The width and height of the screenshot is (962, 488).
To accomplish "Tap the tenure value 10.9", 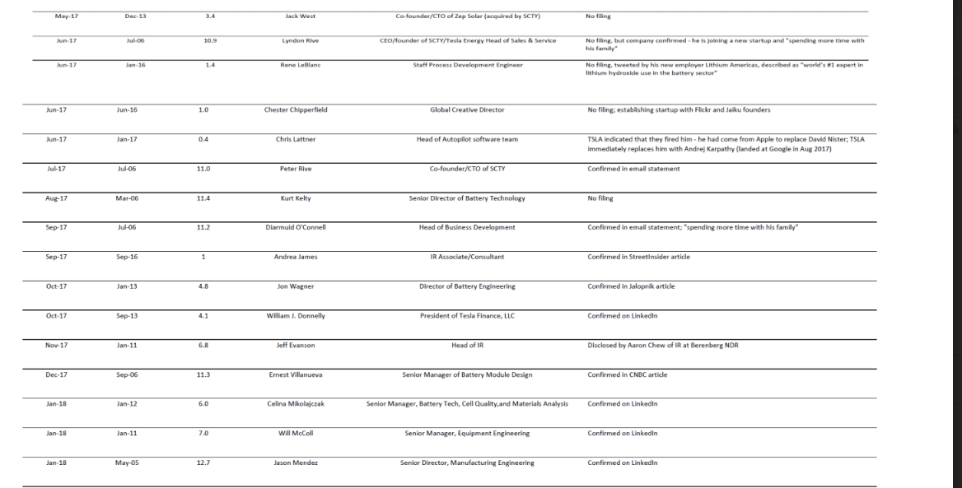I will [x=210, y=40].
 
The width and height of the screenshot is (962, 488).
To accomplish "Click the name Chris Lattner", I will [x=296, y=139].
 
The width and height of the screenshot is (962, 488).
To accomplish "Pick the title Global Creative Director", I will [x=467, y=109].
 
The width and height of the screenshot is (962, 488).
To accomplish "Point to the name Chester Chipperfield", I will [x=296, y=109].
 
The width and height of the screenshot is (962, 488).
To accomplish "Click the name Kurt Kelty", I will [x=296, y=198].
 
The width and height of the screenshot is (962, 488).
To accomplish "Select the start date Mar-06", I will [x=126, y=198].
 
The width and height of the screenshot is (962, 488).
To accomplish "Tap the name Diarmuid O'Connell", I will [x=296, y=227].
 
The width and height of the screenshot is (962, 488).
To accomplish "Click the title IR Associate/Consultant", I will [x=467, y=257].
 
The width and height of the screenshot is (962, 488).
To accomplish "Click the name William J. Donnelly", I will [x=296, y=316].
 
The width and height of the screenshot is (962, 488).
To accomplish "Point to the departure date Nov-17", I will [x=56, y=346].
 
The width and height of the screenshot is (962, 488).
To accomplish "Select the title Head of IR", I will [x=467, y=346].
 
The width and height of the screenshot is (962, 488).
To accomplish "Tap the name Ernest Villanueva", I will [x=296, y=375].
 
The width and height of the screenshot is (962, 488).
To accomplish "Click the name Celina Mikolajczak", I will [x=296, y=404].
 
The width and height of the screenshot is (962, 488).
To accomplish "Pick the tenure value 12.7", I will [x=203, y=463].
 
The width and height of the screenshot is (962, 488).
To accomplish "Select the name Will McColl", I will [x=296, y=434].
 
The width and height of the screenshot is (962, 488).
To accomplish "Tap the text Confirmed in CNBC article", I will [x=627, y=375].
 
